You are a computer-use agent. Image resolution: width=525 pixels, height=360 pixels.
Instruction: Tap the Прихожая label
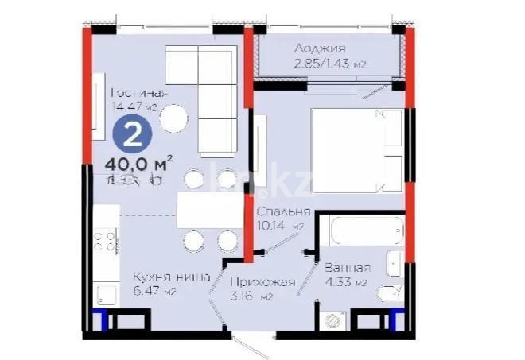coord(262,282)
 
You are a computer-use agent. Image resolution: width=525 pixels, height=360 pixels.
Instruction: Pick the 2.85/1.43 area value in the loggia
coord(318,64)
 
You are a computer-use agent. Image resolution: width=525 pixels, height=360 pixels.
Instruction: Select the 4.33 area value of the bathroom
coord(344,282)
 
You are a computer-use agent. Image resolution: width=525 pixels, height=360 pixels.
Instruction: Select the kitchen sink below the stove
coord(106,295)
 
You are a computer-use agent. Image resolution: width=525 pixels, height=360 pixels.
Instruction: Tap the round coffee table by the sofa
coord(174,120)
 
